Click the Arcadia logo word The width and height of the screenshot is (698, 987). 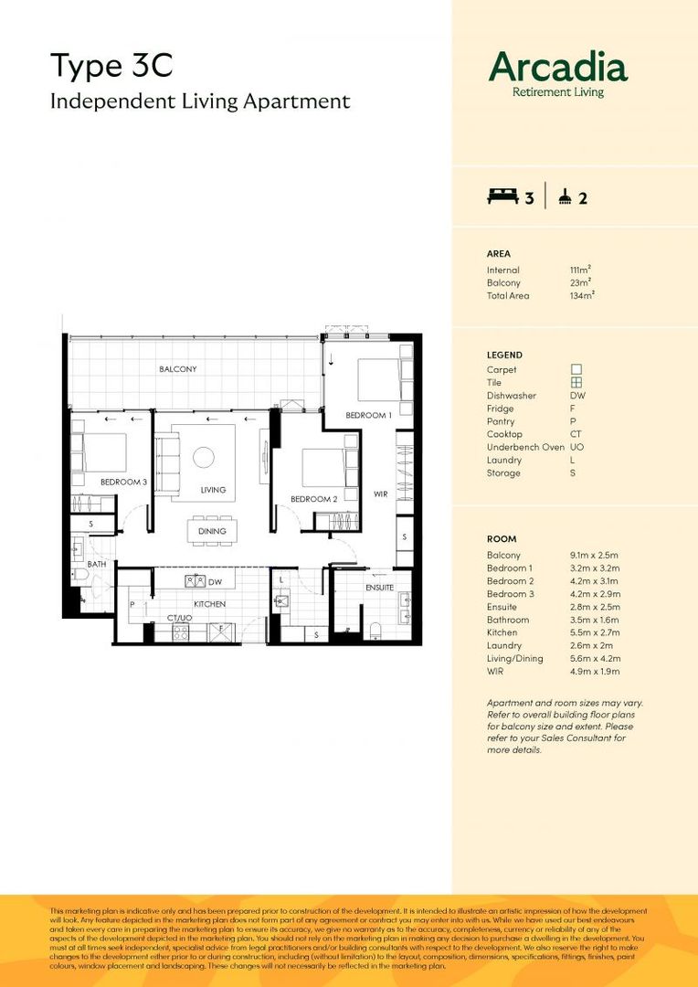(x=557, y=67)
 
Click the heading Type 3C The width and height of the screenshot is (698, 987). (x=111, y=66)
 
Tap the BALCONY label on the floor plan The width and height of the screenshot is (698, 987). (x=177, y=369)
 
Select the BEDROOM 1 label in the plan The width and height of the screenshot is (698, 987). (x=368, y=416)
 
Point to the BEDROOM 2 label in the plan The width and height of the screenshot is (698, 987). (x=313, y=499)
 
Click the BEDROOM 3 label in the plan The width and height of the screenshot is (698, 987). (x=123, y=482)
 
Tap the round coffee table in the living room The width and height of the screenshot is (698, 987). (x=204, y=456)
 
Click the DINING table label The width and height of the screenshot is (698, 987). (x=212, y=531)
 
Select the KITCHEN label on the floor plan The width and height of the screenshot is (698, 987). (x=209, y=604)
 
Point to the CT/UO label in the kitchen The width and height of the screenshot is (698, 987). (x=179, y=618)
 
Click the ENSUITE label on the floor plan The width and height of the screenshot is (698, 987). (x=380, y=588)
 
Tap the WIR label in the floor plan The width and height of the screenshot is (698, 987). (x=381, y=493)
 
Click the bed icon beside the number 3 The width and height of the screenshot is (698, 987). (x=502, y=196)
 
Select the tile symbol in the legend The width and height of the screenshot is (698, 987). (x=576, y=383)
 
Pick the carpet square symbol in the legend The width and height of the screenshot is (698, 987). (x=576, y=369)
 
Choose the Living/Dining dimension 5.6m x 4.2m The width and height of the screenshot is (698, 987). (x=595, y=658)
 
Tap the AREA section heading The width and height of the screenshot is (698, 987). (x=499, y=253)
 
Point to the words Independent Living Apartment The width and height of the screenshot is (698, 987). (x=199, y=101)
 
